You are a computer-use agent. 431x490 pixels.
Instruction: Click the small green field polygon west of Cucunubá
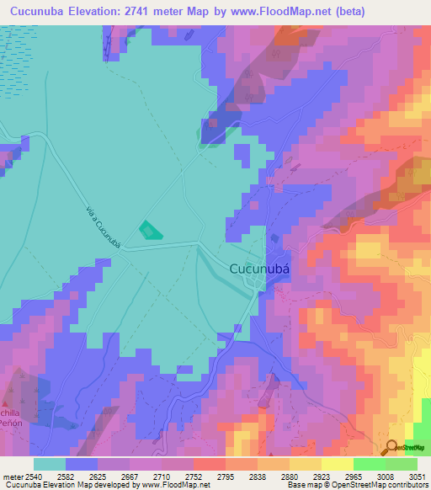[149, 230]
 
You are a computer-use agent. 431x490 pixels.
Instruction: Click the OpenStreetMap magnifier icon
[391, 447]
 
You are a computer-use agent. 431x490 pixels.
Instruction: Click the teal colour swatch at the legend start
[49, 464]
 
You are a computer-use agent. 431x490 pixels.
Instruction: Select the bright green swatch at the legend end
[402, 464]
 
